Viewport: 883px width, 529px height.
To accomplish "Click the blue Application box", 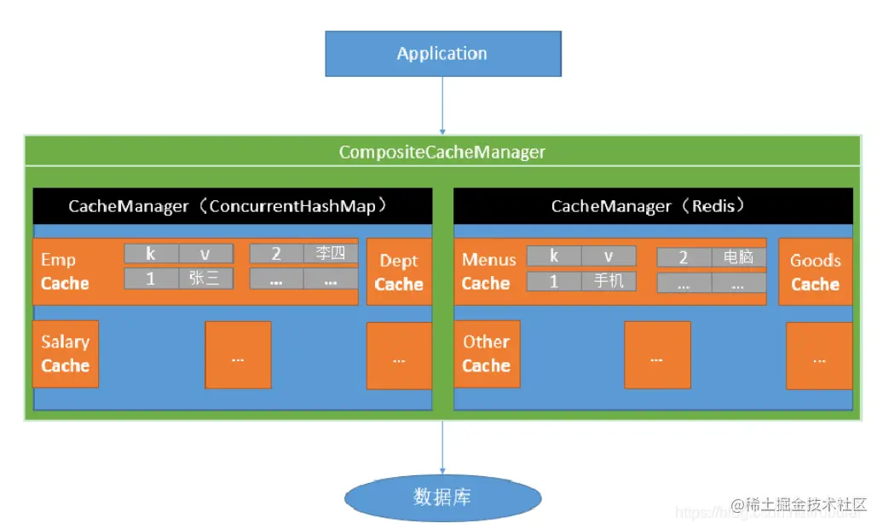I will (442, 54).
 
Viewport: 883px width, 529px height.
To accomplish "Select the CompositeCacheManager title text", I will (441, 152).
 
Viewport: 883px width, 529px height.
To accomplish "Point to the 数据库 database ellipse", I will (441, 497).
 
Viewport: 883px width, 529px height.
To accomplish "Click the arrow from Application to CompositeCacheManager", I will (442, 104).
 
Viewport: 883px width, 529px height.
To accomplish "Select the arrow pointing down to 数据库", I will (442, 446).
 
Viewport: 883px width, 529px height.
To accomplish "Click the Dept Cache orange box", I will (399, 272).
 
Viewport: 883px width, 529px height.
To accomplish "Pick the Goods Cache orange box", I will (815, 272).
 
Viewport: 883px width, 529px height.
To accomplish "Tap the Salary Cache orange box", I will (66, 354).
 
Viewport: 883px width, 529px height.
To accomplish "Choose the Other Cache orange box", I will (487, 354).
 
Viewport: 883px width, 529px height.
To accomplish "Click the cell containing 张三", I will (205, 279).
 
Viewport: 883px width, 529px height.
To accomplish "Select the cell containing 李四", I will (331, 254).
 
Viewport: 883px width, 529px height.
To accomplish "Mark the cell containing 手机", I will (609, 280).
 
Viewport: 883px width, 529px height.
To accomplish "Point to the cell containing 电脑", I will (738, 257).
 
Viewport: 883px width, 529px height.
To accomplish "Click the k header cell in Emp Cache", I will (151, 254).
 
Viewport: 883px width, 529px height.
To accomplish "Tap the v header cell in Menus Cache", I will (609, 256).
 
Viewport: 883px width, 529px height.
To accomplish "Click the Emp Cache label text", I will (65, 272).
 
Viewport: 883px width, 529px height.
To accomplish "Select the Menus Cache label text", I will (488, 272).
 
